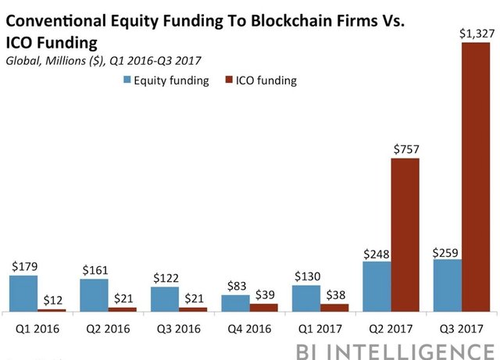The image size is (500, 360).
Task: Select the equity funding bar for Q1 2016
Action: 23,293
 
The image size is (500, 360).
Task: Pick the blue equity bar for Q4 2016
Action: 235,303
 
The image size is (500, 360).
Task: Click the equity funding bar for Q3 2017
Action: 448,285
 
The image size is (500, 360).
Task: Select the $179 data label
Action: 24,266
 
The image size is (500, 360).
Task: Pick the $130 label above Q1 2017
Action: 305,276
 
